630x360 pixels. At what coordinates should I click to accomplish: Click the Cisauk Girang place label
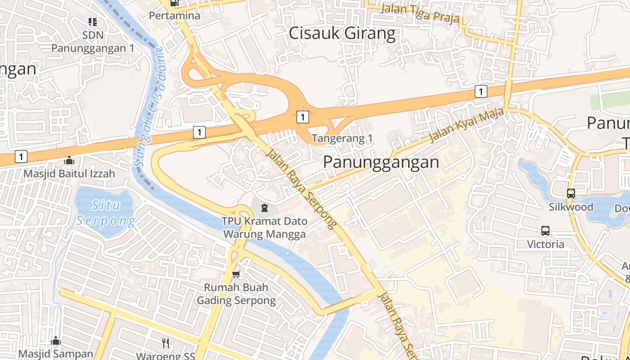tap(342, 33)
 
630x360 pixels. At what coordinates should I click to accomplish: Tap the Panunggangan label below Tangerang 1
tap(381, 162)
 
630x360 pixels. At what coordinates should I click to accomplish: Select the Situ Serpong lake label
tap(106, 213)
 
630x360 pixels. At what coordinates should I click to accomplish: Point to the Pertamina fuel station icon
tap(174, 3)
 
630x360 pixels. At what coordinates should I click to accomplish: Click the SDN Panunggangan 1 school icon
tap(93, 22)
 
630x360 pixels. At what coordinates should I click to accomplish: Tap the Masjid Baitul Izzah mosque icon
tap(69, 160)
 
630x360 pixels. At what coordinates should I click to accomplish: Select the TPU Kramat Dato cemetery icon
tap(264, 207)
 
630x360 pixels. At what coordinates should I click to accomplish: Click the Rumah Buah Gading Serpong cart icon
tap(236, 274)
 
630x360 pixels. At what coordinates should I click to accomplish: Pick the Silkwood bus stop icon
tap(571, 193)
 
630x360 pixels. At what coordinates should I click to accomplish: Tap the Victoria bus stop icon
tap(545, 231)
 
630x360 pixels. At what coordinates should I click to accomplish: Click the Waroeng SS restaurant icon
tap(166, 343)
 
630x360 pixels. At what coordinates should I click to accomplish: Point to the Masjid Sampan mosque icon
tap(56, 341)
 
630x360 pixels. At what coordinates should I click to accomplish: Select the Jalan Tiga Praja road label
tap(420, 13)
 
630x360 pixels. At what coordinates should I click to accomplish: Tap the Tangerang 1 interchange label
tap(342, 139)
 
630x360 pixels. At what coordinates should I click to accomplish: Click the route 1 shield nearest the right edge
tap(481, 91)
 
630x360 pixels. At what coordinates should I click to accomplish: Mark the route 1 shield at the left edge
tap(21, 157)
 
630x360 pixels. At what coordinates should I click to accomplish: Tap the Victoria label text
tap(545, 244)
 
